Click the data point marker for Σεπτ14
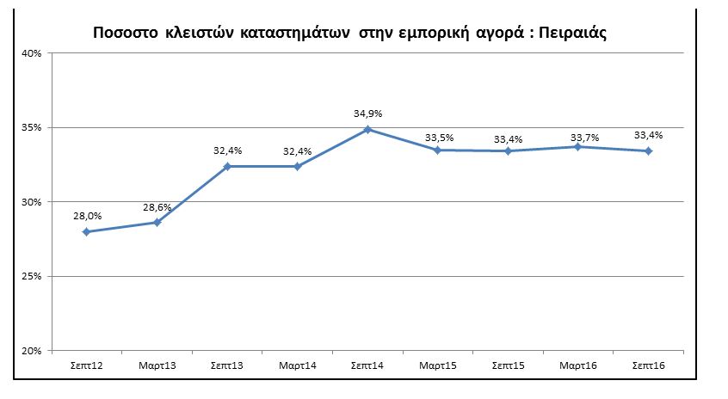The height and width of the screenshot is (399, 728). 367,130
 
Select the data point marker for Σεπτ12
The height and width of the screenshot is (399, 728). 86,231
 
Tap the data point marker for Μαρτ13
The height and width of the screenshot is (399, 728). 157,222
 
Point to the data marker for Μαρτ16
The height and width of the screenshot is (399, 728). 578,147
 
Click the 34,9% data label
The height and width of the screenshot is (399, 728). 367,114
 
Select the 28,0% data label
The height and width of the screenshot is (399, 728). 87,216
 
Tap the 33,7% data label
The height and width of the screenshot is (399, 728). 584,138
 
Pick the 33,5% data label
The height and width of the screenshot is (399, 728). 439,138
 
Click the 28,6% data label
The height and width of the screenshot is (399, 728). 157,207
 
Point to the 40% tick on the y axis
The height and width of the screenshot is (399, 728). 32,53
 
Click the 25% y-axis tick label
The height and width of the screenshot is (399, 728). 32,277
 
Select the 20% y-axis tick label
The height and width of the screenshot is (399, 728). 32,351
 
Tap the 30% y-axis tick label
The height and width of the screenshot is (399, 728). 32,202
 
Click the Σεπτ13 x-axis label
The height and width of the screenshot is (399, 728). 227,365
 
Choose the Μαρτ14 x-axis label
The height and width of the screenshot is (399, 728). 298,365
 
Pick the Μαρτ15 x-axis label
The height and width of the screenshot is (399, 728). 438,365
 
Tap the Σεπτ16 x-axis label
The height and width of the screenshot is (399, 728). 649,365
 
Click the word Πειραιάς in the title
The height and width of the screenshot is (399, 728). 572,34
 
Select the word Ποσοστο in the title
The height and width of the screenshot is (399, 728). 126,34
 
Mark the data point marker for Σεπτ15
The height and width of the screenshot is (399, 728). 508,151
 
